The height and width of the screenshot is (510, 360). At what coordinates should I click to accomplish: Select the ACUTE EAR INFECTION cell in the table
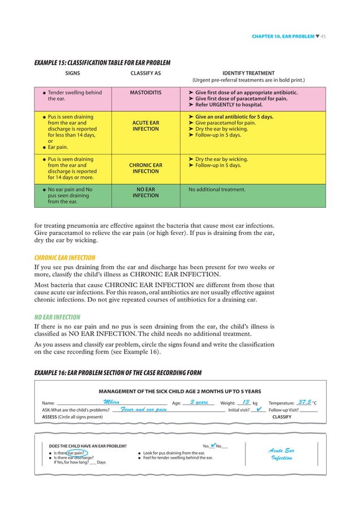146,125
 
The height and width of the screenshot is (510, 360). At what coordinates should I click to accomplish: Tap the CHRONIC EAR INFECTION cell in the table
146,168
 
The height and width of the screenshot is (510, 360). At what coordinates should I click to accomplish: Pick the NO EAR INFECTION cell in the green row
146,193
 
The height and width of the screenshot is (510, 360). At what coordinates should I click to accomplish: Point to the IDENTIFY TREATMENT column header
248,73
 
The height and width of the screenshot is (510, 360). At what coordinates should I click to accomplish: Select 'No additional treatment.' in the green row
217,189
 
